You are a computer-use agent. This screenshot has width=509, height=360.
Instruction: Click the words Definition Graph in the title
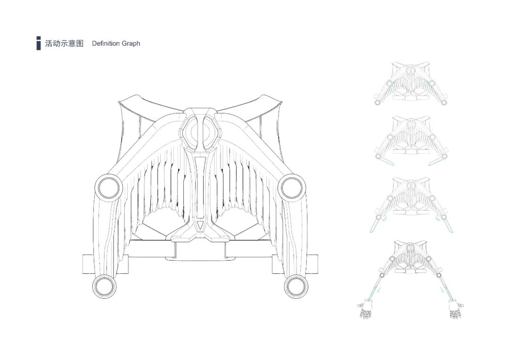(116, 43)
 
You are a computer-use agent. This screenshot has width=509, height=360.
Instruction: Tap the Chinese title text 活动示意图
(64, 43)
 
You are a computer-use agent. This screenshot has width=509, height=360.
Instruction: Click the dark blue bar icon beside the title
(38, 43)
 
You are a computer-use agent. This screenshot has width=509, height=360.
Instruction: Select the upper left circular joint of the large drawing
(108, 187)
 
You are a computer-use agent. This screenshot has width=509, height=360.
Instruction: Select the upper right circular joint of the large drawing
(291, 187)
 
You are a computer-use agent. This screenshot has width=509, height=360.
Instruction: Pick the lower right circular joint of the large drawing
(296, 286)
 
